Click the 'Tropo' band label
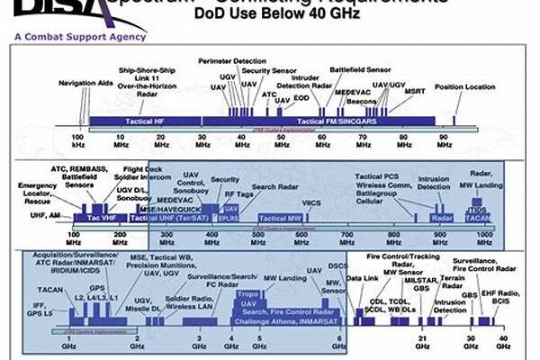pyautogui.click(x=247, y=294)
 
